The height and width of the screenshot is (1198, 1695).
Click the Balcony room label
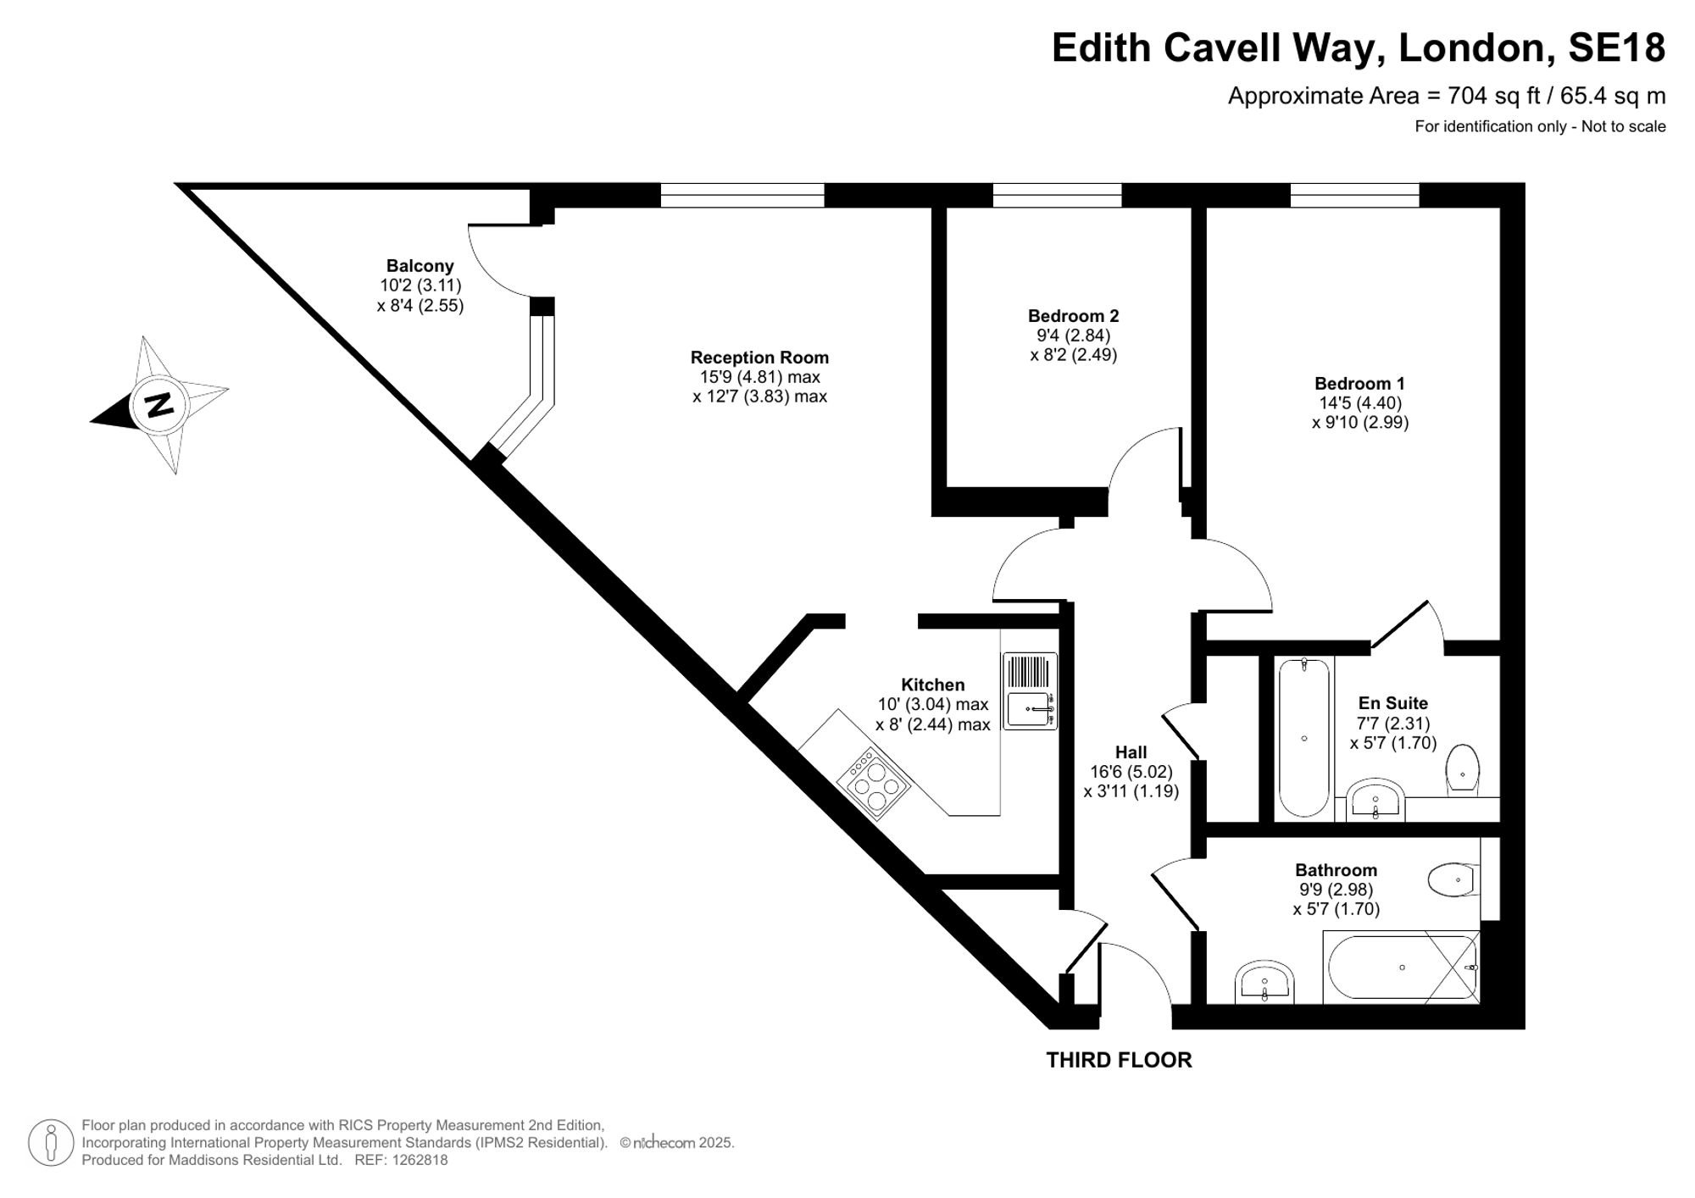(x=420, y=266)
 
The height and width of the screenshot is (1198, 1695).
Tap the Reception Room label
(x=759, y=358)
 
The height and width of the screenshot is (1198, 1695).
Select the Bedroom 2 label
(x=1074, y=316)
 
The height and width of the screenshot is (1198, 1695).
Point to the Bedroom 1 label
(x=1360, y=384)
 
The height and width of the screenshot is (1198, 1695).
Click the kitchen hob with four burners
(x=873, y=783)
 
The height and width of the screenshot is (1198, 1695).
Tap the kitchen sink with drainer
(x=1030, y=691)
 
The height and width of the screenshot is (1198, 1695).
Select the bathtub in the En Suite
(x=1303, y=737)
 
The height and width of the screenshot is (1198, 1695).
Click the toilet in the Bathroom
(x=1453, y=880)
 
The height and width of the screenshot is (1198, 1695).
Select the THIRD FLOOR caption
(x=1119, y=1060)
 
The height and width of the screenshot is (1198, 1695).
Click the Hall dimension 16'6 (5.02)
(x=1131, y=772)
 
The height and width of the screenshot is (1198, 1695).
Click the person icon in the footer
(x=52, y=1142)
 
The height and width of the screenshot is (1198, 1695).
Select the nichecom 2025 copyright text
(x=677, y=1143)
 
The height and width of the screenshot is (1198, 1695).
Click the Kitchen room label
(x=932, y=685)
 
